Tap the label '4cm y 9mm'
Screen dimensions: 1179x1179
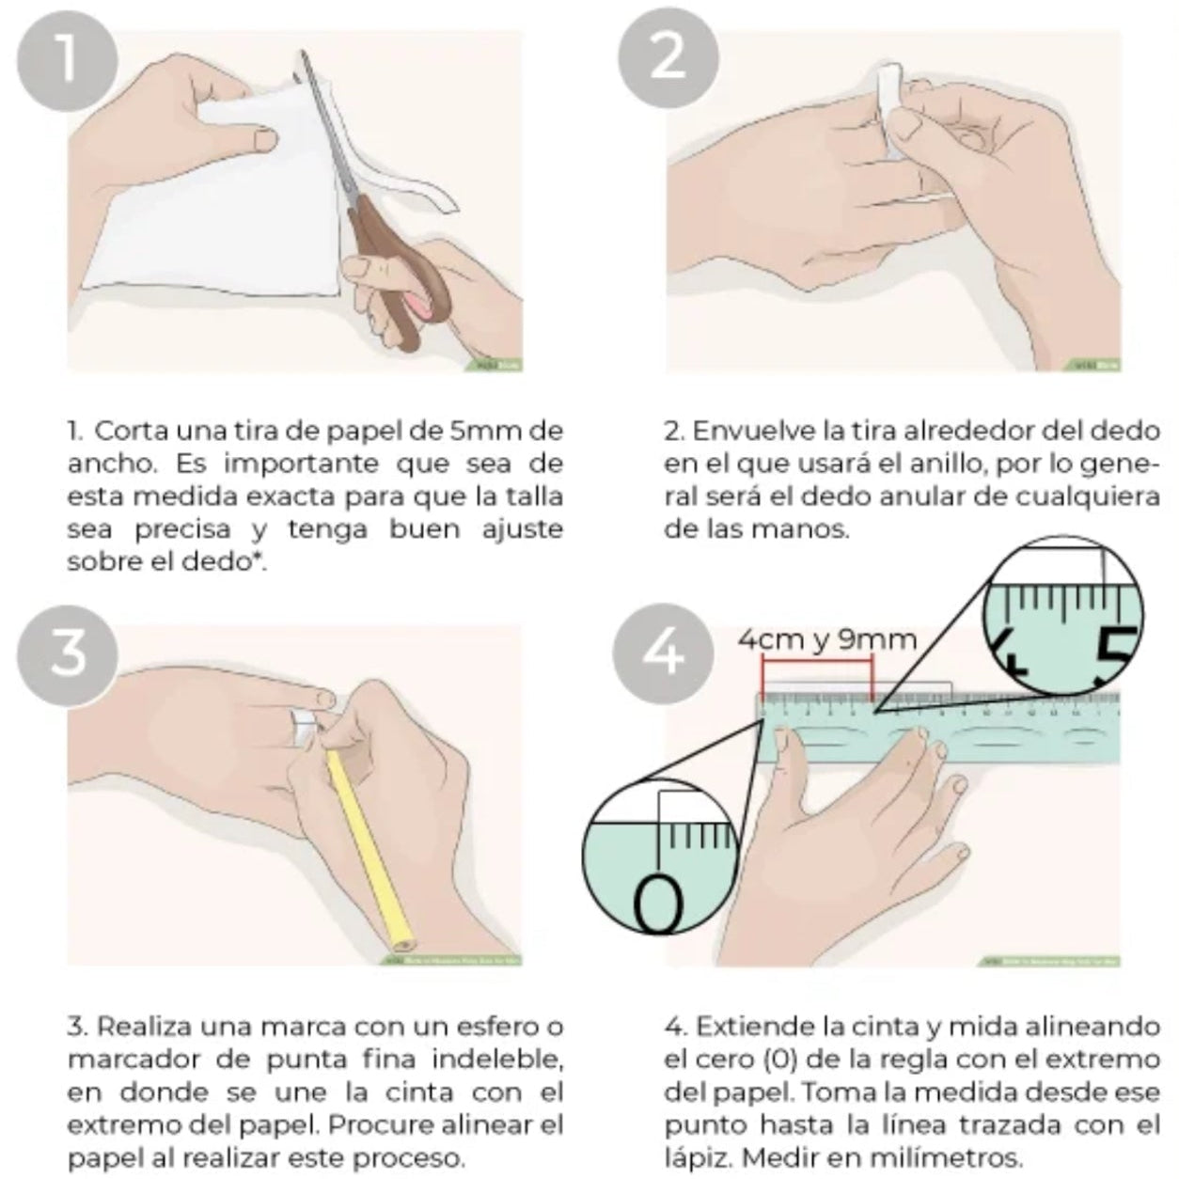(x=825, y=640)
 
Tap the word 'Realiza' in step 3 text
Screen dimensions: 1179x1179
(x=145, y=1027)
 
